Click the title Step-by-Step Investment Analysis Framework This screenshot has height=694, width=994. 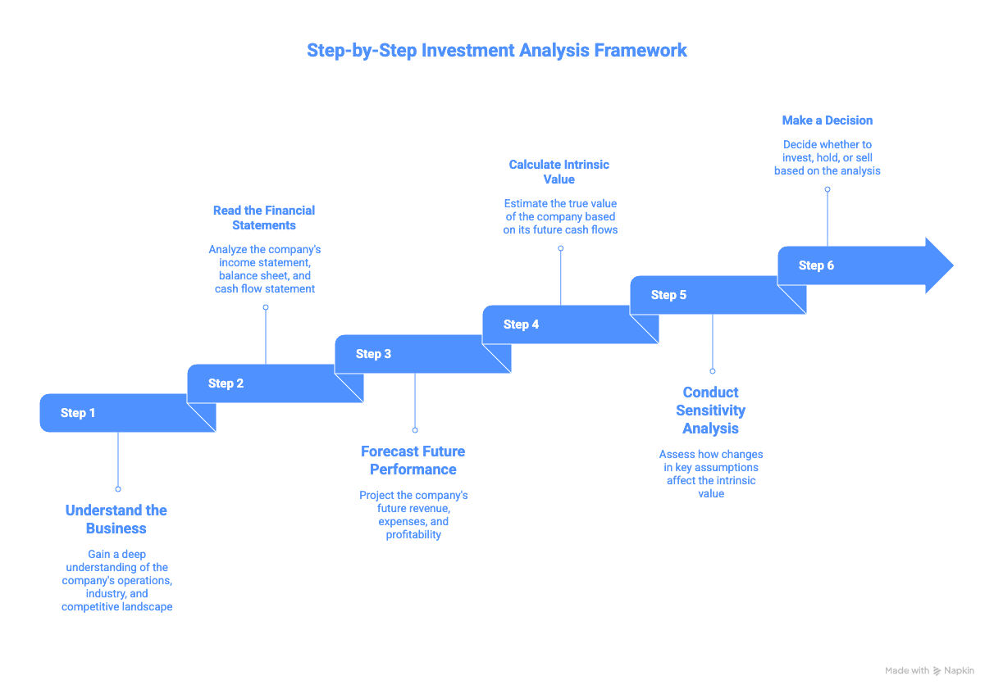click(x=496, y=50)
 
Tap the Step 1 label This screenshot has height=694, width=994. click(x=78, y=413)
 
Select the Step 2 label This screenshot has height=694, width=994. click(x=226, y=383)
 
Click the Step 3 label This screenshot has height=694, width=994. click(x=373, y=354)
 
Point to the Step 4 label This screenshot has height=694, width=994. click(x=521, y=324)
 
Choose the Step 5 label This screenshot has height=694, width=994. click(x=668, y=295)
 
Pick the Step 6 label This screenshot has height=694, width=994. click(x=816, y=265)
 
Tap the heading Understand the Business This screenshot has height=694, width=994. click(x=116, y=519)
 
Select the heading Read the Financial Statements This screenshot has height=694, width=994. click(x=264, y=218)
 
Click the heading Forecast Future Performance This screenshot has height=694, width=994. click(x=413, y=460)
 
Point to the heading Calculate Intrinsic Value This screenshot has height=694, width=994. click(x=559, y=172)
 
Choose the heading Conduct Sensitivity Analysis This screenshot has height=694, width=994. click(x=711, y=411)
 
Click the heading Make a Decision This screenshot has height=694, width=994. click(x=827, y=120)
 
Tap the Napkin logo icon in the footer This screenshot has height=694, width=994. click(x=937, y=671)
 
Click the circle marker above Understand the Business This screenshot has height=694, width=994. click(x=118, y=488)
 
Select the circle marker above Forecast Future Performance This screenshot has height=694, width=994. click(x=415, y=429)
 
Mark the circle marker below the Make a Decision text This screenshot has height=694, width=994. click(x=827, y=189)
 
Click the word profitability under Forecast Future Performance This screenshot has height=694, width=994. click(x=413, y=535)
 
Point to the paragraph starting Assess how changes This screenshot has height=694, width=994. click(x=711, y=474)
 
